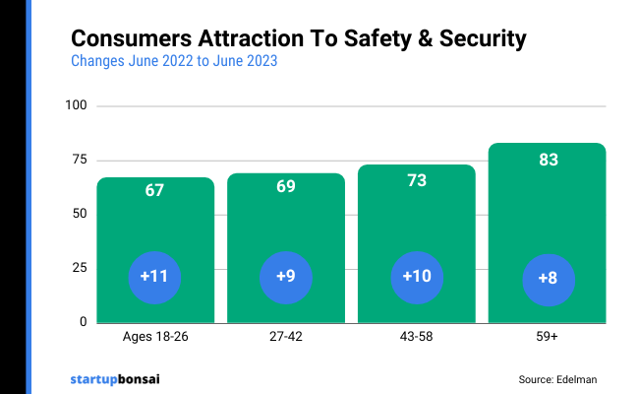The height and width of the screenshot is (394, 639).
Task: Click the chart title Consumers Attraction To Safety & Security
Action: point(299,39)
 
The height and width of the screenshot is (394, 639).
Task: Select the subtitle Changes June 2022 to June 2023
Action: point(174,61)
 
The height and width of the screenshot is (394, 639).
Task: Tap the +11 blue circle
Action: point(154,277)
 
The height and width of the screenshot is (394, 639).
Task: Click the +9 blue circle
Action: point(286,277)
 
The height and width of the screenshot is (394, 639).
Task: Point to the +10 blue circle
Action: point(417,277)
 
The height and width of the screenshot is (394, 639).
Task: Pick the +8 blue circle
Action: point(548,278)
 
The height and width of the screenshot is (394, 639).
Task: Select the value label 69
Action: point(286,186)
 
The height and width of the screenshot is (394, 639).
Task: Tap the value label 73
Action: point(417,179)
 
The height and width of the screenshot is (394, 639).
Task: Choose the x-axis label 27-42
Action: point(286,337)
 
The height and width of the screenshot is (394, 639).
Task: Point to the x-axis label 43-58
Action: point(417,337)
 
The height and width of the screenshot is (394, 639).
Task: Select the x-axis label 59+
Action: point(548,337)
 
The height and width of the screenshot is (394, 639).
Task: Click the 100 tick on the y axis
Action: point(77,105)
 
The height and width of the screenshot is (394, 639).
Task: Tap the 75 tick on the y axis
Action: point(80,160)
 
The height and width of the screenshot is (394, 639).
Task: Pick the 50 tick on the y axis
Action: point(80,214)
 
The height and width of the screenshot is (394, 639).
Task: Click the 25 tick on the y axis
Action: point(80,268)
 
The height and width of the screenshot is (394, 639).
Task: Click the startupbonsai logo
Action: point(115,378)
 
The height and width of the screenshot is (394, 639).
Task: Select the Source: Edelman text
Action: point(557,379)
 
